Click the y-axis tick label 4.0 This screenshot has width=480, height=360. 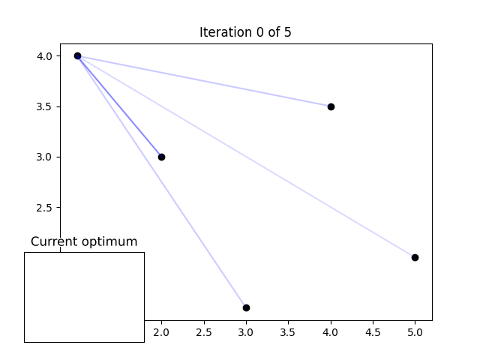click(43, 56)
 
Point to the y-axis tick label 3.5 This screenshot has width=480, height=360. click(43, 106)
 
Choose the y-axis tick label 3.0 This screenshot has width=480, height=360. click(43, 157)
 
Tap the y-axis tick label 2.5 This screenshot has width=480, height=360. click(43, 208)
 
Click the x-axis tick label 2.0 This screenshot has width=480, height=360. click(161, 331)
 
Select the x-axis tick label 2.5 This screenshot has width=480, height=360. click(204, 331)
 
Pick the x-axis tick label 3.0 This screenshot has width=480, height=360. click(246, 331)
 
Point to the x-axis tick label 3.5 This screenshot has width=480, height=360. click(288, 331)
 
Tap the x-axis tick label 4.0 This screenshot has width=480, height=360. click(331, 331)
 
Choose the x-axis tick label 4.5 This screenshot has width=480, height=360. click(373, 331)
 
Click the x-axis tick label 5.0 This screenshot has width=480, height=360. click(415, 331)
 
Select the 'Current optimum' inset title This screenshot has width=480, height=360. click(84, 241)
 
